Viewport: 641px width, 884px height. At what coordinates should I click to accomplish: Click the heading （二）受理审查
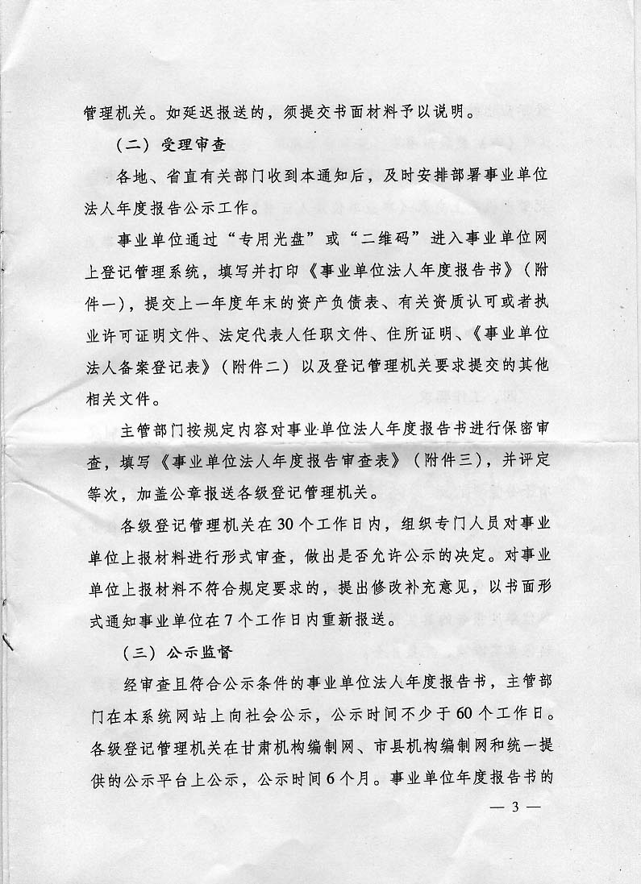(x=169, y=147)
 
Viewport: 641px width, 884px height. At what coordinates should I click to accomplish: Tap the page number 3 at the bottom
(x=513, y=808)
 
